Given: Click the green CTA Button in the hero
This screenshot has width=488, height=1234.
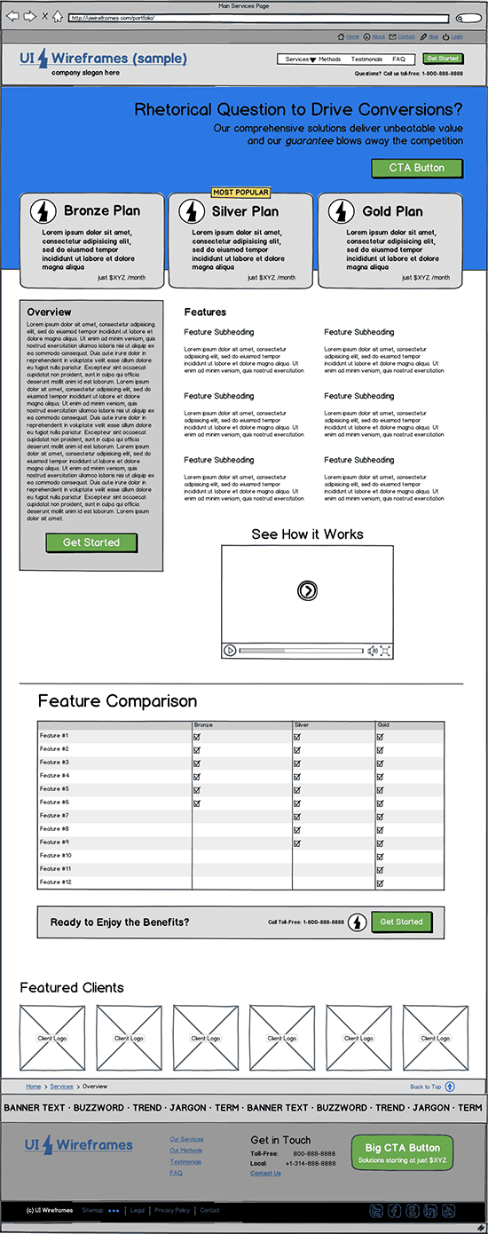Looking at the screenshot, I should (417, 168).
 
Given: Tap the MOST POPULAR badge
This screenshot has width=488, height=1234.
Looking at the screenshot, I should (240, 193).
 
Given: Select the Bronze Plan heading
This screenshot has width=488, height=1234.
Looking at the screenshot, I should (102, 211).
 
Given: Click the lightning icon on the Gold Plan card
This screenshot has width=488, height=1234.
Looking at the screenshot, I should (342, 211).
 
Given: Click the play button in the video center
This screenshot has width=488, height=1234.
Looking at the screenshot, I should (307, 590).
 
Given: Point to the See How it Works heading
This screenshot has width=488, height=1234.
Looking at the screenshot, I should (307, 534).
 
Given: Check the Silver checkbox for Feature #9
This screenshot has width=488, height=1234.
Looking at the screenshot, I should (297, 842).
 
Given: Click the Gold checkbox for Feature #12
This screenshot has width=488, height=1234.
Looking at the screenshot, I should (380, 882).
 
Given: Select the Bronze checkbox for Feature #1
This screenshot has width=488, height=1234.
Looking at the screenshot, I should (197, 736).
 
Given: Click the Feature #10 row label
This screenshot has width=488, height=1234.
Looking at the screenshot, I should (56, 856).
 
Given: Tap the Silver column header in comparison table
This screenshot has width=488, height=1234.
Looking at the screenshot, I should (302, 725).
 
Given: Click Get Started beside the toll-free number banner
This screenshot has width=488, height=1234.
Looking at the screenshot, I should (401, 922).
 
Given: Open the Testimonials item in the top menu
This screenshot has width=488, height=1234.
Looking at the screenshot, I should (366, 59).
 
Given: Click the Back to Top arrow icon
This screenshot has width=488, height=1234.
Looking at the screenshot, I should (450, 1087).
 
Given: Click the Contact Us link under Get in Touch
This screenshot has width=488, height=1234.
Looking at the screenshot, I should (265, 1174).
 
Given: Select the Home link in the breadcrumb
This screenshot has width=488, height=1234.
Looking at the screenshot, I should (34, 1087).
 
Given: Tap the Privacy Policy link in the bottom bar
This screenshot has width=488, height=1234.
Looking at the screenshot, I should (172, 1210).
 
